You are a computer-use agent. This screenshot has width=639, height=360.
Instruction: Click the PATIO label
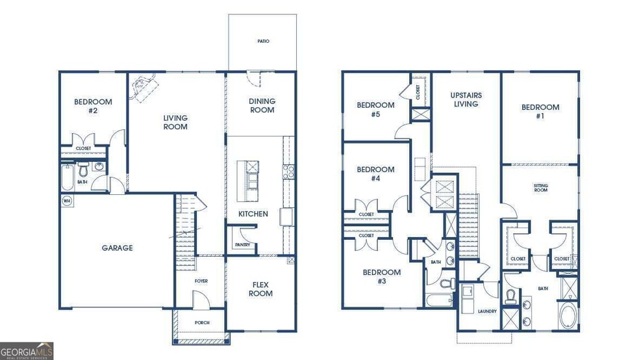[262, 41]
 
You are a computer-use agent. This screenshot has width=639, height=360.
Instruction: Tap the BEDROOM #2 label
[93, 106]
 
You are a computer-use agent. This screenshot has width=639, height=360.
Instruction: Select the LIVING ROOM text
[175, 122]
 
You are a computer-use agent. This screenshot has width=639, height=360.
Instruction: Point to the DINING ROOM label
[262, 105]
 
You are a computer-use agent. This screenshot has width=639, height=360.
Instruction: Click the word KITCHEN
[253, 214]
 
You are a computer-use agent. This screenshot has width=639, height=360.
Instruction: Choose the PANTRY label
[242, 245]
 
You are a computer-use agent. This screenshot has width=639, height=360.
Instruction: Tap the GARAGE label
[117, 248]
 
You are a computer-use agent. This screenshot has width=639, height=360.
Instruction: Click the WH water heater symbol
[66, 201]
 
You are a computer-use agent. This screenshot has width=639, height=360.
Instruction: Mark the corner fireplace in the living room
[143, 86]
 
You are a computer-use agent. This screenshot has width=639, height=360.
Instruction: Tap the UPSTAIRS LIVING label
[466, 99]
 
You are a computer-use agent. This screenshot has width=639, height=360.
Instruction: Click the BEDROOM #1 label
[540, 111]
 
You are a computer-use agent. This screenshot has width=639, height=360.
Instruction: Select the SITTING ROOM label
[541, 188]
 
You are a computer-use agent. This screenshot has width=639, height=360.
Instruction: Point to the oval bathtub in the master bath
[570, 318]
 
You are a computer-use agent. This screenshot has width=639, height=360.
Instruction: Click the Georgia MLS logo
[27, 350]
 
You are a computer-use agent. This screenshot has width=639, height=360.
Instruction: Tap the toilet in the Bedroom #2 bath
[82, 170]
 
